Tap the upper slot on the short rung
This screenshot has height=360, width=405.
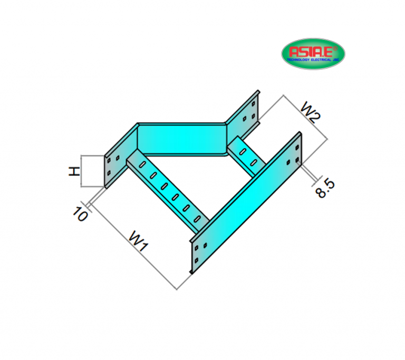point(242,151)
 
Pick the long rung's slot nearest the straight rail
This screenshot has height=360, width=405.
point(198,218)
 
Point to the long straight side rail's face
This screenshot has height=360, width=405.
point(248,200)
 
